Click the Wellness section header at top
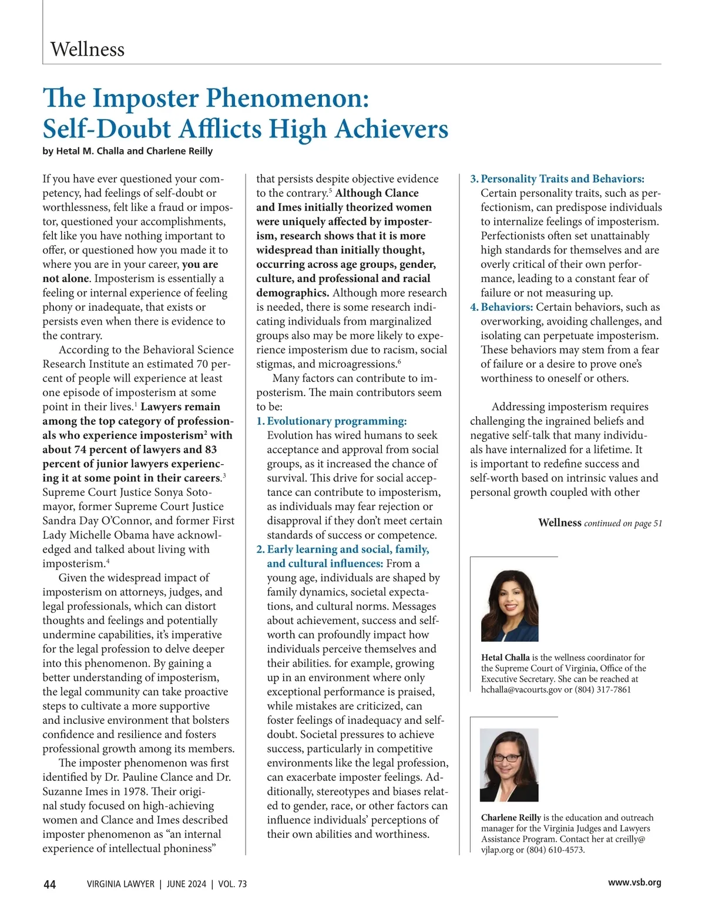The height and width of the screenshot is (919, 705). tap(88, 49)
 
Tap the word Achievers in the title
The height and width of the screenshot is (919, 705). tap(391, 129)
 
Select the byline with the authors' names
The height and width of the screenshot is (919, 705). tap(127, 151)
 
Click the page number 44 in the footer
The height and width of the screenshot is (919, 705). tap(50, 884)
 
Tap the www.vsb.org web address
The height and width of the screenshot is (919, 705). tap(634, 883)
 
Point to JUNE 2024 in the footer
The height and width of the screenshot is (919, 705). tap(186, 884)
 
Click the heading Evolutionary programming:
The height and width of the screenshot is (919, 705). tap(337, 421)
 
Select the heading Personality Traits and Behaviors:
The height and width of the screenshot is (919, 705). tap(562, 179)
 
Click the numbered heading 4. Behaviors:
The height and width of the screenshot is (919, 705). tap(502, 307)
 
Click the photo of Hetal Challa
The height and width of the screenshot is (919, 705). tap(509, 605)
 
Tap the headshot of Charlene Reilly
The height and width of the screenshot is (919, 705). tap(509, 765)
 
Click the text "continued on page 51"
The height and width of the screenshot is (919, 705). tap(623, 524)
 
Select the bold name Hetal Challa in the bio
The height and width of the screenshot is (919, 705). tap(505, 658)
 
